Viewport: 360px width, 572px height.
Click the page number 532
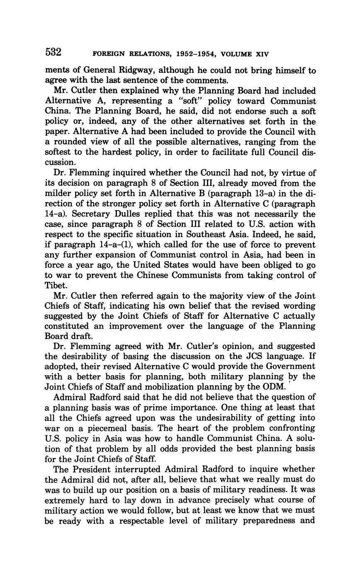click(54, 52)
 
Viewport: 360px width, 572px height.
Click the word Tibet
click(54, 286)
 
